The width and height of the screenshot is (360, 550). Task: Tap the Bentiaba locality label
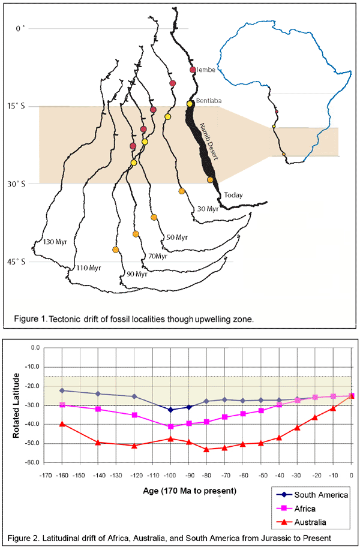(207, 101)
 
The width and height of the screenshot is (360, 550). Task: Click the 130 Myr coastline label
(55, 242)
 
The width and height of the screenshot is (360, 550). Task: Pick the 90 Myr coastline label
(136, 274)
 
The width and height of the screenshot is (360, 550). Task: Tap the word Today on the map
(234, 196)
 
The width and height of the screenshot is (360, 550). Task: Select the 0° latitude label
(23, 28)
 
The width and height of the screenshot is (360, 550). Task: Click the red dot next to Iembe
(193, 70)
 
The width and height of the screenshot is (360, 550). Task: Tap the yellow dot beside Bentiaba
(190, 104)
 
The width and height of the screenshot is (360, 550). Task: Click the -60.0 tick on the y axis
(31, 462)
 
